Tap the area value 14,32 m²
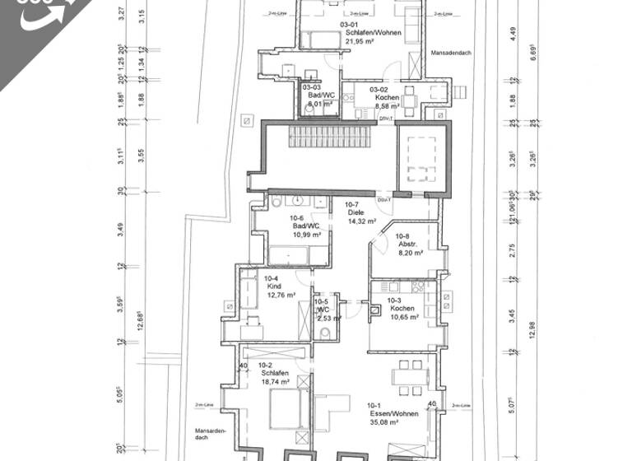[361, 221]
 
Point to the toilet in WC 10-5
[325, 333]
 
